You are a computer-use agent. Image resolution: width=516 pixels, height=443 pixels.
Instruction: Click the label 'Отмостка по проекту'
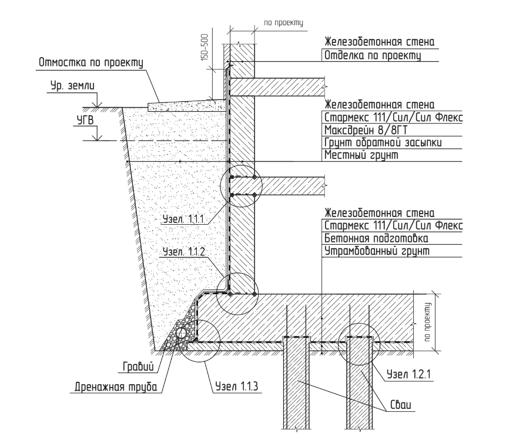click(91, 62)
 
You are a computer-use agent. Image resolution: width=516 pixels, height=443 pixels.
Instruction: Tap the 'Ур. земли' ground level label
click(72, 86)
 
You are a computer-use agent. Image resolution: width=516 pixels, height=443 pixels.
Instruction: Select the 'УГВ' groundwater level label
click(85, 120)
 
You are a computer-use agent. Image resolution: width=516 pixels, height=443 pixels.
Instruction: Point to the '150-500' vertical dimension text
click(205, 47)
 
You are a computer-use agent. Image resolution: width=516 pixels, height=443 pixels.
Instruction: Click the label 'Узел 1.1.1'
click(183, 219)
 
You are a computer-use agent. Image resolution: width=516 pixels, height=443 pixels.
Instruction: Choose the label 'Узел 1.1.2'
click(184, 252)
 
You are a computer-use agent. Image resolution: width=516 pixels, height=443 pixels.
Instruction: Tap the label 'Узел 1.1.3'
click(237, 386)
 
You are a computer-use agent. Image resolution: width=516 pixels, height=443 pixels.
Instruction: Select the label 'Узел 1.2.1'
click(408, 374)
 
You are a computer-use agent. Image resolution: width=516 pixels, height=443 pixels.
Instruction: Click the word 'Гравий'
click(138, 367)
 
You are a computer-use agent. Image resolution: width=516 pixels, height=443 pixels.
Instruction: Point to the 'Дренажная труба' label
click(116, 387)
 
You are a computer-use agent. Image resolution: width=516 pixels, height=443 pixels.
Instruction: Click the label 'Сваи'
click(401, 405)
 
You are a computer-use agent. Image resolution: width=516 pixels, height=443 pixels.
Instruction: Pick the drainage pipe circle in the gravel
click(182, 332)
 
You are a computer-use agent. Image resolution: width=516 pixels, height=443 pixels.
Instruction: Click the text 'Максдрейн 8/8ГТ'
click(366, 130)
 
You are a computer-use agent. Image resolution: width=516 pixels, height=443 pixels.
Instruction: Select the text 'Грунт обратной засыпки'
click(383, 142)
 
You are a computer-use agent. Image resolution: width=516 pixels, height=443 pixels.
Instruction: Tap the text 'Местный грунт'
click(361, 155)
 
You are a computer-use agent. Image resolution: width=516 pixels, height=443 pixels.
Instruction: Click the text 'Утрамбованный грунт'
click(377, 251)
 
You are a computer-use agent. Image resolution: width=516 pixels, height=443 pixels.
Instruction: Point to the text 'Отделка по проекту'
click(373, 55)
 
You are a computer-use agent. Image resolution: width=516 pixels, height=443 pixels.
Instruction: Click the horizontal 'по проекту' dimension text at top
click(283, 23)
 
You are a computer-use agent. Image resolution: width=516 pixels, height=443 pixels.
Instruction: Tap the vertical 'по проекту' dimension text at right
click(427, 322)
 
